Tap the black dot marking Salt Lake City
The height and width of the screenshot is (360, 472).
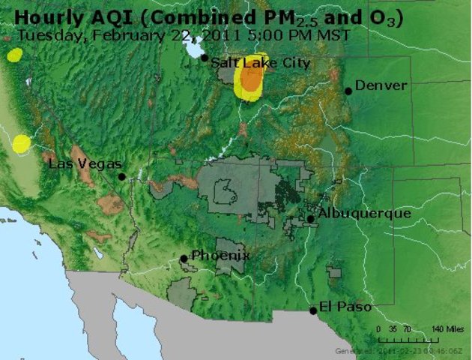pyautogui.click(x=205, y=58)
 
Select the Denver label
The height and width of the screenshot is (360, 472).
pyautogui.click(x=381, y=85)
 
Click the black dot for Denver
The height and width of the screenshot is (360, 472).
pyautogui.click(x=348, y=91)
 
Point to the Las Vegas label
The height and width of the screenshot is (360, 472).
pyautogui.click(x=85, y=164)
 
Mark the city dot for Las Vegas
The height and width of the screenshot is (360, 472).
pyautogui.click(x=122, y=176)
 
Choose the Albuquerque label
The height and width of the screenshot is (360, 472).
pyautogui.click(x=364, y=214)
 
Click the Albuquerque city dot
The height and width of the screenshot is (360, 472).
pyautogui.click(x=310, y=219)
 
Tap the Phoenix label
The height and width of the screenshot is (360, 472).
pyautogui.click(x=220, y=256)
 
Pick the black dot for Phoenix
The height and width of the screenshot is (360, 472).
pyautogui.click(x=184, y=259)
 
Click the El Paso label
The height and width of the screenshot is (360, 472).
pyautogui.click(x=345, y=306)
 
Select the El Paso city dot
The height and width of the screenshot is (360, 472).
pyautogui.click(x=313, y=310)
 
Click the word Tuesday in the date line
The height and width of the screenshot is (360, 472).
pyautogui.click(x=43, y=35)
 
